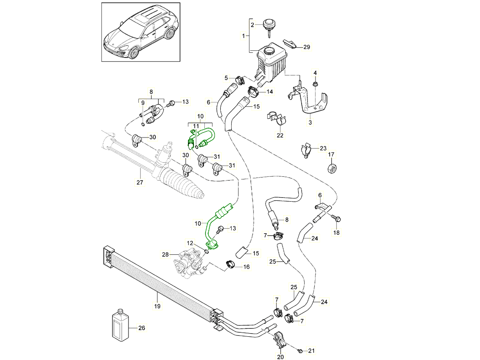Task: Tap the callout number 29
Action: point(306,47)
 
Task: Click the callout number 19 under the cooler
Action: point(157,306)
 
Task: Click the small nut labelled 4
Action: point(315,84)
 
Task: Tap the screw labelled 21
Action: point(300,350)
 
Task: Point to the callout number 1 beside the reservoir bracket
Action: point(243,36)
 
